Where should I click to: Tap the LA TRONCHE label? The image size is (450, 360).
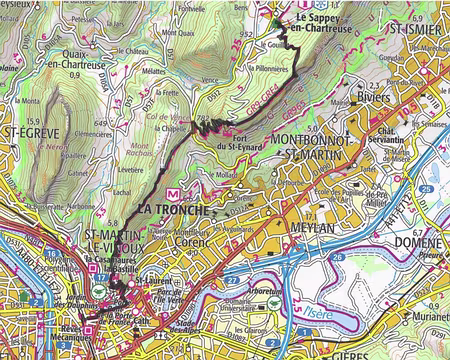tap(173, 209)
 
